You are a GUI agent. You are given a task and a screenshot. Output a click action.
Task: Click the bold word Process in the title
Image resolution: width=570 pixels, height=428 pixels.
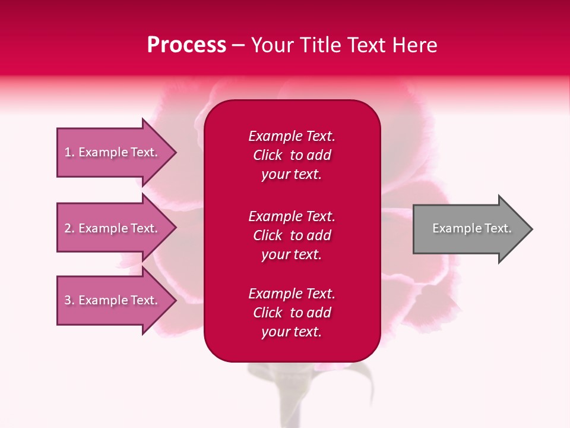click(x=186, y=45)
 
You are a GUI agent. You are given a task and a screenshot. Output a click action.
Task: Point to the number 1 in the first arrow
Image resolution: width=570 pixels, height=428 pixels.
click(x=68, y=152)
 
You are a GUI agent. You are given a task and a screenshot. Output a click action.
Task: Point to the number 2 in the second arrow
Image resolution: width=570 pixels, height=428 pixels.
click(x=68, y=228)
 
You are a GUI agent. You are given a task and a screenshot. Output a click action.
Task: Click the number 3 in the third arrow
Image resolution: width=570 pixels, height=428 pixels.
click(x=68, y=300)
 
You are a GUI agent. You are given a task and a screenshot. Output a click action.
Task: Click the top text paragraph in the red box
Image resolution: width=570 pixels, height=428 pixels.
click(x=292, y=155)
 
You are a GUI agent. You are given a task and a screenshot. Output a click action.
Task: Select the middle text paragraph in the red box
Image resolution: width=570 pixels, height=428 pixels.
click(x=292, y=235)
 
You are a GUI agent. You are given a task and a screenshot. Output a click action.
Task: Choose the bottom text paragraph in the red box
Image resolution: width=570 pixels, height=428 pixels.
click(x=292, y=313)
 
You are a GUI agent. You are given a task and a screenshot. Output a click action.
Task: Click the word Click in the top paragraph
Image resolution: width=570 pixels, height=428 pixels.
click(x=268, y=155)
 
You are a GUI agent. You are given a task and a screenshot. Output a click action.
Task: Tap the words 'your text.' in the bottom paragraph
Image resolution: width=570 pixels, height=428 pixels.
click(x=292, y=332)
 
